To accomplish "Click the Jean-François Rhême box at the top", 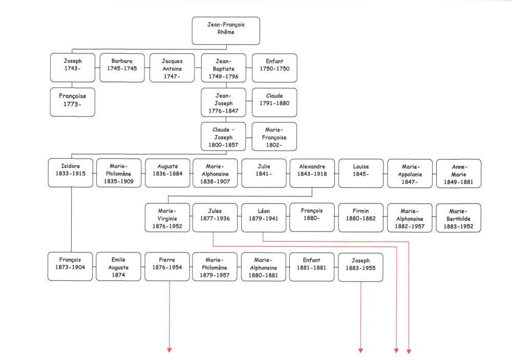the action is pyautogui.click(x=226, y=31).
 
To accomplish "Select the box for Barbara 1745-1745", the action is pyautogui.click(x=122, y=68).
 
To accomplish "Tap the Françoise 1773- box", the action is pyautogui.click(x=73, y=102).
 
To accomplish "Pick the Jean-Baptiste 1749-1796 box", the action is pyautogui.click(x=224, y=68).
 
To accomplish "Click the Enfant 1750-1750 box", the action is pyautogui.click(x=274, y=68).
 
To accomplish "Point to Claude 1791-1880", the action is pyautogui.click(x=274, y=102).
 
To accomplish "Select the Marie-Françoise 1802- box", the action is pyautogui.click(x=274, y=137).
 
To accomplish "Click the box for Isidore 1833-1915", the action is pyautogui.click(x=71, y=173).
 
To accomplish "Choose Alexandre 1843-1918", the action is pyautogui.click(x=312, y=173).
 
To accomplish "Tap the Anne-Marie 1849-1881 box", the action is pyautogui.click(x=459, y=174).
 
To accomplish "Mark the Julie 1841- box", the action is pyautogui.click(x=264, y=173).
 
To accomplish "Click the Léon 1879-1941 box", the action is pyautogui.click(x=264, y=218).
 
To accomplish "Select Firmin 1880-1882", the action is pyautogui.click(x=361, y=218).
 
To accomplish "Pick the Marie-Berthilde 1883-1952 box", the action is pyautogui.click(x=458, y=218).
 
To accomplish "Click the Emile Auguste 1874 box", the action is pyautogui.click(x=119, y=267).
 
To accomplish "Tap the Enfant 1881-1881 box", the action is pyautogui.click(x=312, y=267).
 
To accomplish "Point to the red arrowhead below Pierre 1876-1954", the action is pyautogui.click(x=169, y=350).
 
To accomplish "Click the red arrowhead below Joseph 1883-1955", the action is pyautogui.click(x=360, y=350).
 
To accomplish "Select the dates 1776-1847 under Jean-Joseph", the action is pyautogui.click(x=223, y=111).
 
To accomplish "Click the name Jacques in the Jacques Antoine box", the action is pyautogui.click(x=172, y=61).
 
